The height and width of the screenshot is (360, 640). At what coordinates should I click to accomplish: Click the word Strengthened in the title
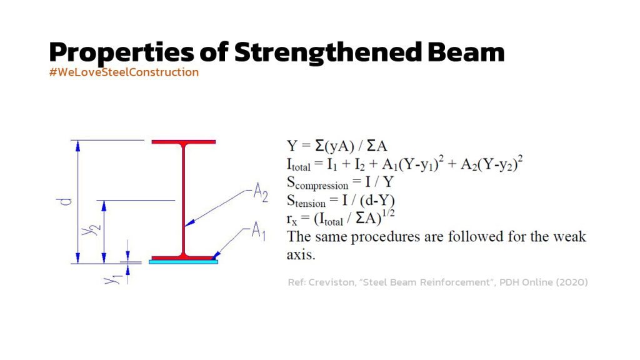[328, 52]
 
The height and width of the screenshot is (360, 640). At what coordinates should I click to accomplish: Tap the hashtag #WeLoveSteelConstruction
[124, 72]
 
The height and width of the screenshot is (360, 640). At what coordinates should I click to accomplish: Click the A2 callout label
[261, 192]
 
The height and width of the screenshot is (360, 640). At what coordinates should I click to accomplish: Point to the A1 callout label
[258, 231]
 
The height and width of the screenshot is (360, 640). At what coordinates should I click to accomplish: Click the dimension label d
[65, 201]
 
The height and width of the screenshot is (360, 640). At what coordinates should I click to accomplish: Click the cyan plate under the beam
[183, 262]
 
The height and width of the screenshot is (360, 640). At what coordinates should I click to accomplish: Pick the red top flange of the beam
[184, 142]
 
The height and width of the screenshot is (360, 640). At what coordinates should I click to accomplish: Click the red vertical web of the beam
[184, 200]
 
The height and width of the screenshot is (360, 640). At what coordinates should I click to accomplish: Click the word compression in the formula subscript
[322, 186]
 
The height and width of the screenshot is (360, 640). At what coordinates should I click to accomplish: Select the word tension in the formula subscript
[310, 203]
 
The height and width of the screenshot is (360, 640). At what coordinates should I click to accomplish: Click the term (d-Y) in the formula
[377, 201]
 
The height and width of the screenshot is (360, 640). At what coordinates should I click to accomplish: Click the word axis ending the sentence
[301, 255]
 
